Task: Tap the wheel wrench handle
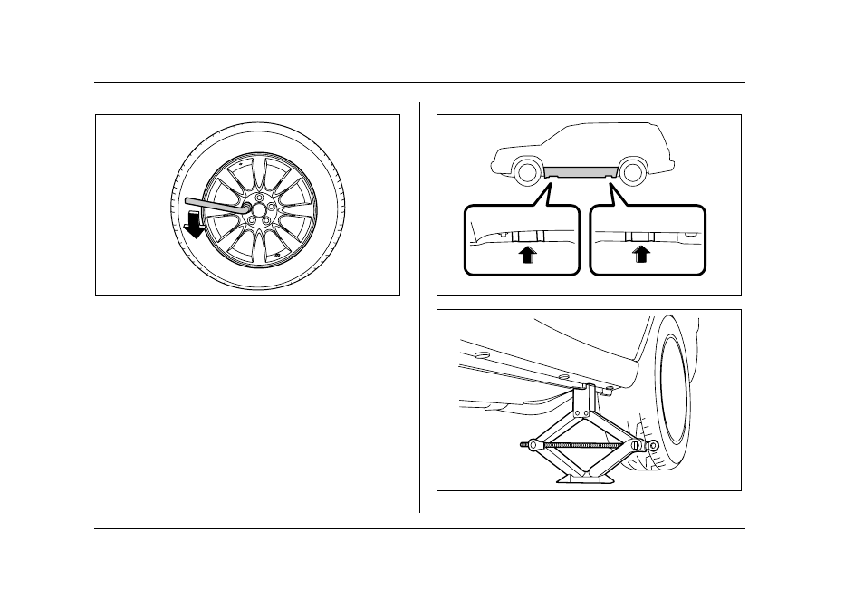coord(214,203)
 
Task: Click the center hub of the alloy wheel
coord(260,209)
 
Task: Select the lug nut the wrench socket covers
coord(245,208)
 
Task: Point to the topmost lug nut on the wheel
coord(259,195)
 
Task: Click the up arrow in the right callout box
coord(642,254)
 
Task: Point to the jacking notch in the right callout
coord(641,237)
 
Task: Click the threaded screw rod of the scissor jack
coord(580,444)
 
